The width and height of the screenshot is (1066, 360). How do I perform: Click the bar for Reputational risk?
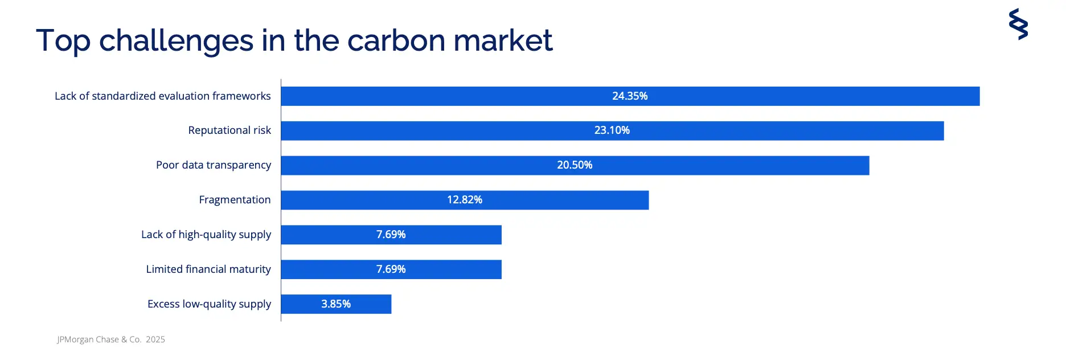pyautogui.click(x=612, y=130)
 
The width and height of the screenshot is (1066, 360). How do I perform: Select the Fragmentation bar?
pyautogui.click(x=465, y=200)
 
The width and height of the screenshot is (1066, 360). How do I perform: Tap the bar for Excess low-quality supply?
pyautogui.click(x=336, y=304)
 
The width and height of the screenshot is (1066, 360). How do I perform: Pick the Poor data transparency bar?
pyautogui.click(x=575, y=165)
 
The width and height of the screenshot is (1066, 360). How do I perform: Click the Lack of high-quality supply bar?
pyautogui.click(x=391, y=235)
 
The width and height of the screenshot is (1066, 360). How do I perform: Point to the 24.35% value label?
pyautogui.click(x=630, y=96)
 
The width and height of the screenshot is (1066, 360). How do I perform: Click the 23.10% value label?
pyautogui.click(x=612, y=130)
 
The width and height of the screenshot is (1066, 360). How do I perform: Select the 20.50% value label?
pyautogui.click(x=575, y=165)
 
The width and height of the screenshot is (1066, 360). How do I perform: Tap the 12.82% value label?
pyautogui.click(x=465, y=200)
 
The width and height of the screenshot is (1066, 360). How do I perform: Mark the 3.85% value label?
pyautogui.click(x=336, y=304)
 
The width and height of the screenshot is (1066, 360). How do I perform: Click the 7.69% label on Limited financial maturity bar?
pyautogui.click(x=391, y=269)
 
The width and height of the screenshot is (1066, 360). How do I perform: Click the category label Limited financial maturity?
pyautogui.click(x=208, y=269)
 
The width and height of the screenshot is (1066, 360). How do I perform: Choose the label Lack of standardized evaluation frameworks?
pyautogui.click(x=163, y=96)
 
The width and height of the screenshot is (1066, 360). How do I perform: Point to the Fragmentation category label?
pyautogui.click(x=235, y=200)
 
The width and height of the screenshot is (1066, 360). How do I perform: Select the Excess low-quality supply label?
pyautogui.click(x=210, y=304)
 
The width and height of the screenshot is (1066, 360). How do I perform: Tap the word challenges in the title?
pyautogui.click(x=177, y=42)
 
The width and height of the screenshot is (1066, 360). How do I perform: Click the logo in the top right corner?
pyautogui.click(x=1018, y=24)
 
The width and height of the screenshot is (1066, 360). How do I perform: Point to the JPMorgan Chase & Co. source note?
pyautogui.click(x=99, y=339)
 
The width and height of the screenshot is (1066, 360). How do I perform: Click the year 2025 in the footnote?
pyautogui.click(x=155, y=339)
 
